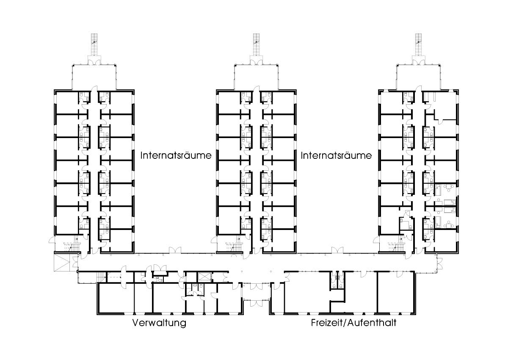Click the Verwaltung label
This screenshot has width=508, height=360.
(159, 323)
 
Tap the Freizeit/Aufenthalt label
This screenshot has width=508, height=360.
(353, 323)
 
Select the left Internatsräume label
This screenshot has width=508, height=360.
(176, 155)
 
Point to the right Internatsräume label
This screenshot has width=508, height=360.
(336, 155)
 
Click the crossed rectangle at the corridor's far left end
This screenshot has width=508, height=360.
(62, 262)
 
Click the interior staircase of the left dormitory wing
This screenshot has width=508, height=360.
(71, 246)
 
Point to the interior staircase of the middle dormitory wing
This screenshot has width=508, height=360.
(234, 246)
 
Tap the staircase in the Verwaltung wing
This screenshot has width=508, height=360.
(102, 277)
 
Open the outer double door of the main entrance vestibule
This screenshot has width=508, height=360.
(257, 304)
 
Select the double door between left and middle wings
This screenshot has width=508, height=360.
(175, 250)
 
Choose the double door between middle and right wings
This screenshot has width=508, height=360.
(337, 250)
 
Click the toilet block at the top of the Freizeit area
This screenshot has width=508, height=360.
(337, 280)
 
